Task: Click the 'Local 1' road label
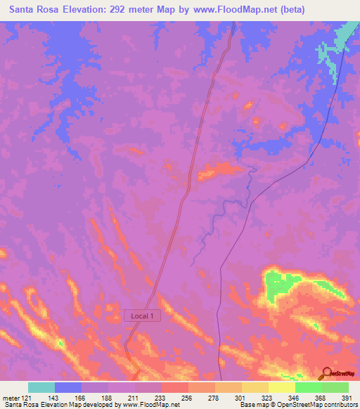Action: [x=143, y=316]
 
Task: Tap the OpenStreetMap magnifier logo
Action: [x=327, y=372]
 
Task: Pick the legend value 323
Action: [x=268, y=397]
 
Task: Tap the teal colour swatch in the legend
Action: [x=41, y=387]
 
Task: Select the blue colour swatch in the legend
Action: [x=68, y=387]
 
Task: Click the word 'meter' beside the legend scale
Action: [x=11, y=397]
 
